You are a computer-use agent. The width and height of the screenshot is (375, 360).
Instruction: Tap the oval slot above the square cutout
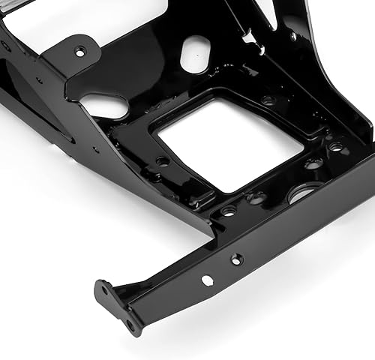pyautogui.click(x=194, y=53)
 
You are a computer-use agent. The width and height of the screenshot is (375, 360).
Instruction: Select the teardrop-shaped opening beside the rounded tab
pyautogui.click(x=104, y=104)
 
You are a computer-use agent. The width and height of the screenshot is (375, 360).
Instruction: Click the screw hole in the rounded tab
pyautogui.click(x=80, y=52)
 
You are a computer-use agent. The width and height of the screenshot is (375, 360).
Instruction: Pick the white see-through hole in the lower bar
pyautogui.click(x=206, y=280)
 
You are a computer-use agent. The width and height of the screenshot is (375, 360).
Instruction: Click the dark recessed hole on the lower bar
pyautogui.click(x=237, y=259)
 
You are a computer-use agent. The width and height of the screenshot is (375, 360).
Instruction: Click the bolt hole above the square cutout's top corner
pyautogui.click(x=268, y=99)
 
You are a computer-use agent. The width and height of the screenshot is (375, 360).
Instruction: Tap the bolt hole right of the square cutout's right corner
pyautogui.click(x=337, y=147)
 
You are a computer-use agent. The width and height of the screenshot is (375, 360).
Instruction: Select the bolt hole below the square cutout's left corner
pyautogui.click(x=162, y=160)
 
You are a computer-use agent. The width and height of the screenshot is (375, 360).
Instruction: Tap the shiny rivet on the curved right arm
pyautogui.click(x=293, y=35)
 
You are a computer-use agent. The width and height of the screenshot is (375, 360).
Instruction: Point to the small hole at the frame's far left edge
pyautogui.click(x=6, y=46)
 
